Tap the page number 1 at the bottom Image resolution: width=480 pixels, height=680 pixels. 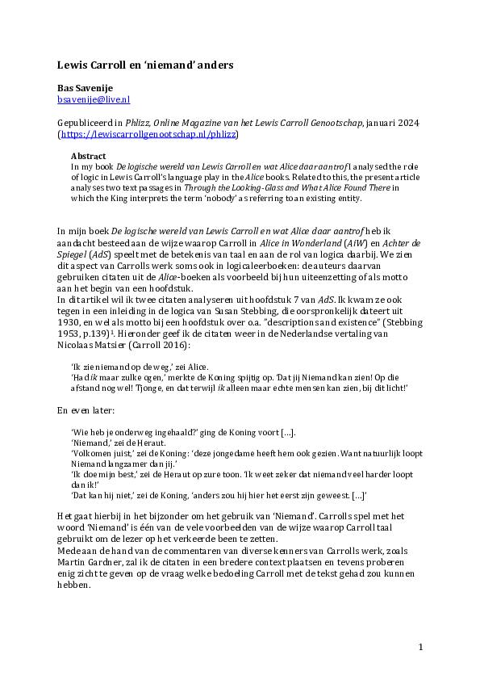420,649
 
